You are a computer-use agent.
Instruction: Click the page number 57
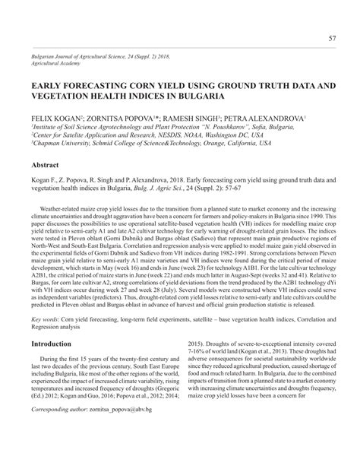pyautogui.click(x=331, y=39)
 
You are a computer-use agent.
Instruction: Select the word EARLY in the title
pyautogui.click(x=50, y=87)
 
